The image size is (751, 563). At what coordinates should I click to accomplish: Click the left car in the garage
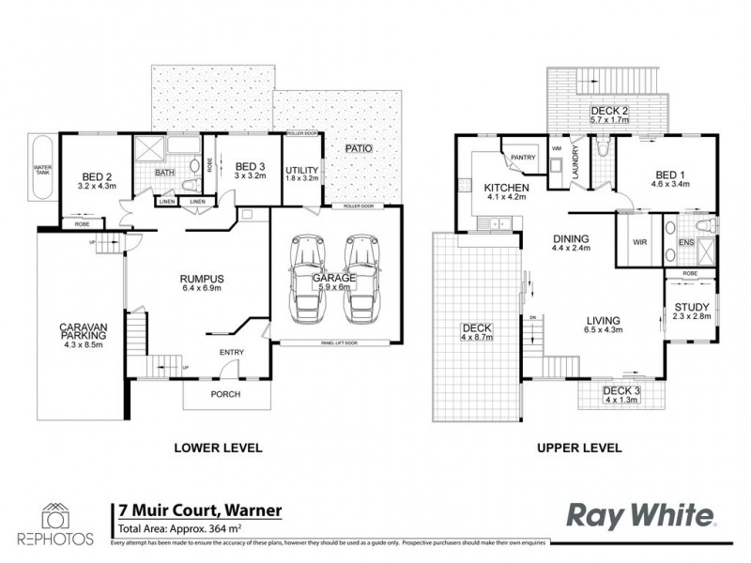(x=307, y=274)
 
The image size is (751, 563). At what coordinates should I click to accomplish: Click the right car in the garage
(x=361, y=274)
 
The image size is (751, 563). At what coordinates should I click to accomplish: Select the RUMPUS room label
(x=202, y=279)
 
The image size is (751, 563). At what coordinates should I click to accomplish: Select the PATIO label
(x=355, y=148)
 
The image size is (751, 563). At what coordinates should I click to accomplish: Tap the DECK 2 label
(x=609, y=112)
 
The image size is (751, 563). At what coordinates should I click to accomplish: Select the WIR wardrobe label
(x=641, y=241)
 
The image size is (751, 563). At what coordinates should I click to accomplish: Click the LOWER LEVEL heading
(x=218, y=448)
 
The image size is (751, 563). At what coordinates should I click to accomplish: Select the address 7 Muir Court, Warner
(x=196, y=511)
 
